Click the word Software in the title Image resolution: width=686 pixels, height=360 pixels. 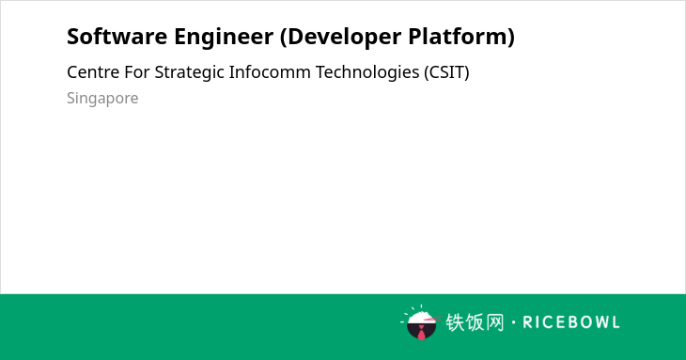click(117, 37)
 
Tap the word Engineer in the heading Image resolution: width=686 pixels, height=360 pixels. click(224, 37)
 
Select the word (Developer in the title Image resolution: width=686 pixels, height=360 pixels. click(340, 38)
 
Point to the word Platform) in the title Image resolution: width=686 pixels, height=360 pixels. click(461, 37)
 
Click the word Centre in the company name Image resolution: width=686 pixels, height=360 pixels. click(93, 72)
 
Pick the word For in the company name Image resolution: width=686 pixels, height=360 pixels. click(137, 72)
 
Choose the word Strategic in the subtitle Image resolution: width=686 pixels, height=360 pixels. click(190, 73)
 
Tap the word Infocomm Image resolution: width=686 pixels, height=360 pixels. click(270, 72)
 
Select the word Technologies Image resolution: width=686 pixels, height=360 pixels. click(367, 73)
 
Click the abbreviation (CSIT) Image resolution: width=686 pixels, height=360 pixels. click(446, 72)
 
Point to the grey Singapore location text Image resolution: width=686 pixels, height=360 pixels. click(102, 99)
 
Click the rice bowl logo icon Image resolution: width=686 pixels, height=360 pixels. click(420, 322)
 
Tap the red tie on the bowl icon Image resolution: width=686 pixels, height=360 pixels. click(421, 333)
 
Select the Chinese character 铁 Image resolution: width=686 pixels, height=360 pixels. click(455, 322)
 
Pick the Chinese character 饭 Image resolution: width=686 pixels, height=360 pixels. click(476, 322)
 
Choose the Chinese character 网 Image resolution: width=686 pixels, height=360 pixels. click(495, 322)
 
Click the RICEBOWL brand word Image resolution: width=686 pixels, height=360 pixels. click(571, 322)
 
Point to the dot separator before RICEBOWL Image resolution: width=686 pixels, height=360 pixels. click(514, 322)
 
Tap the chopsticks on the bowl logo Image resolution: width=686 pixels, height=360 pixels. click(432, 319)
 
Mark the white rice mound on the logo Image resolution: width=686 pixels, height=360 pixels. click(421, 317)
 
